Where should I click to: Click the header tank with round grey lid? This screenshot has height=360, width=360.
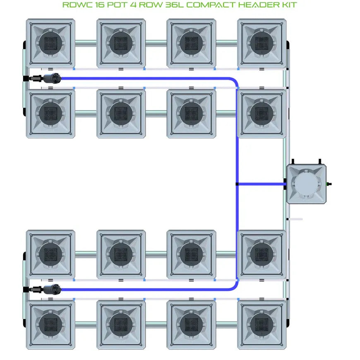[x=306, y=184]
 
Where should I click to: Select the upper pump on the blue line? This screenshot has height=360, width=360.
[x=52, y=78]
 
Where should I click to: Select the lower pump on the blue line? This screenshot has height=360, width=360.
[x=52, y=289]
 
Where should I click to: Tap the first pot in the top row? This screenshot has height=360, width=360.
[x=50, y=43]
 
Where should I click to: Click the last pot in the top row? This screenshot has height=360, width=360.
[x=262, y=43]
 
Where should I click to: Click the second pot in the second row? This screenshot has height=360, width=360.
[x=121, y=113]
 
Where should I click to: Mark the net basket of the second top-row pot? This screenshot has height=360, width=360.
[x=121, y=43]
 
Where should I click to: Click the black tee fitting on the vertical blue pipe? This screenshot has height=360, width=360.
[x=237, y=184]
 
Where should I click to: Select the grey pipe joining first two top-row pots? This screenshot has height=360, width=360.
[x=86, y=43]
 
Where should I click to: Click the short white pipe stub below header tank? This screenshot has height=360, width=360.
[x=295, y=219]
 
